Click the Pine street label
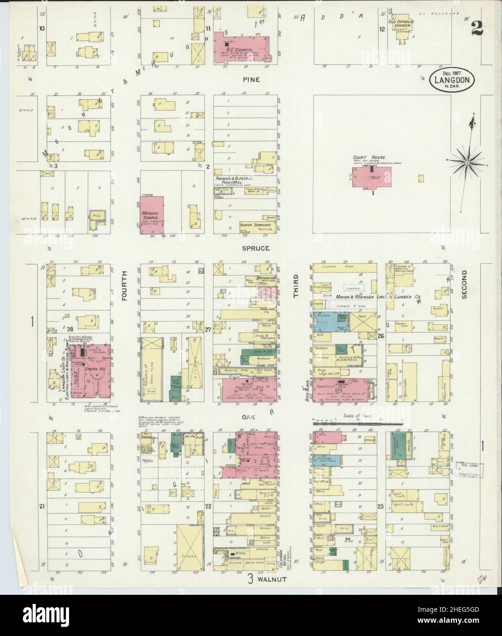click(251, 80)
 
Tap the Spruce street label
click(257, 248)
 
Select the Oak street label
click(256, 417)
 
